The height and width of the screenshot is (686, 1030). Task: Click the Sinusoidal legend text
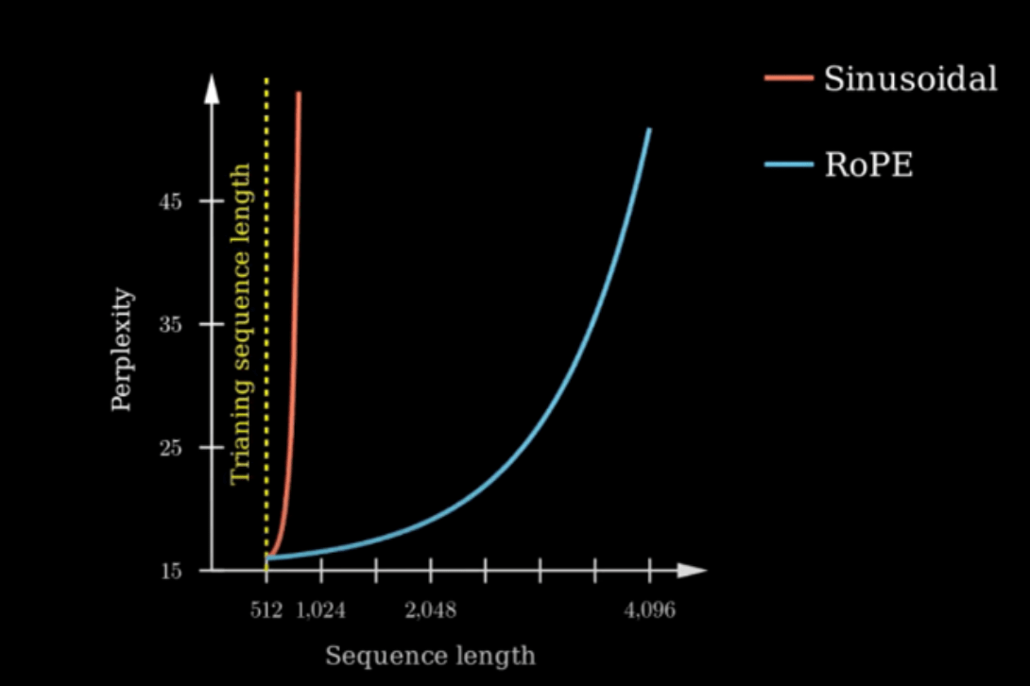910,78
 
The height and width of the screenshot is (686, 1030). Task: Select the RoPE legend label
868,164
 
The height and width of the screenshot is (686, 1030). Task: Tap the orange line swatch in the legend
789,78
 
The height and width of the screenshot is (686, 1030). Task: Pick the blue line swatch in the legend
789,164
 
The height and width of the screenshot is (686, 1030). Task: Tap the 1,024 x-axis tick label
321,610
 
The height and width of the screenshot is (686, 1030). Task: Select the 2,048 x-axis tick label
431,610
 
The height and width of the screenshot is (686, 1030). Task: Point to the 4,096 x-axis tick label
650,610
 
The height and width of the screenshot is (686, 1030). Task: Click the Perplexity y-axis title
122,351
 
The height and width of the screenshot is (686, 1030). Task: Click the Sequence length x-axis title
430,655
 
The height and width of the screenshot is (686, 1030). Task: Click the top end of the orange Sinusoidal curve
299,94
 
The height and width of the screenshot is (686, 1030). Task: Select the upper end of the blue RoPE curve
649,129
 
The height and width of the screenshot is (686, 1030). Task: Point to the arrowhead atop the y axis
212,90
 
